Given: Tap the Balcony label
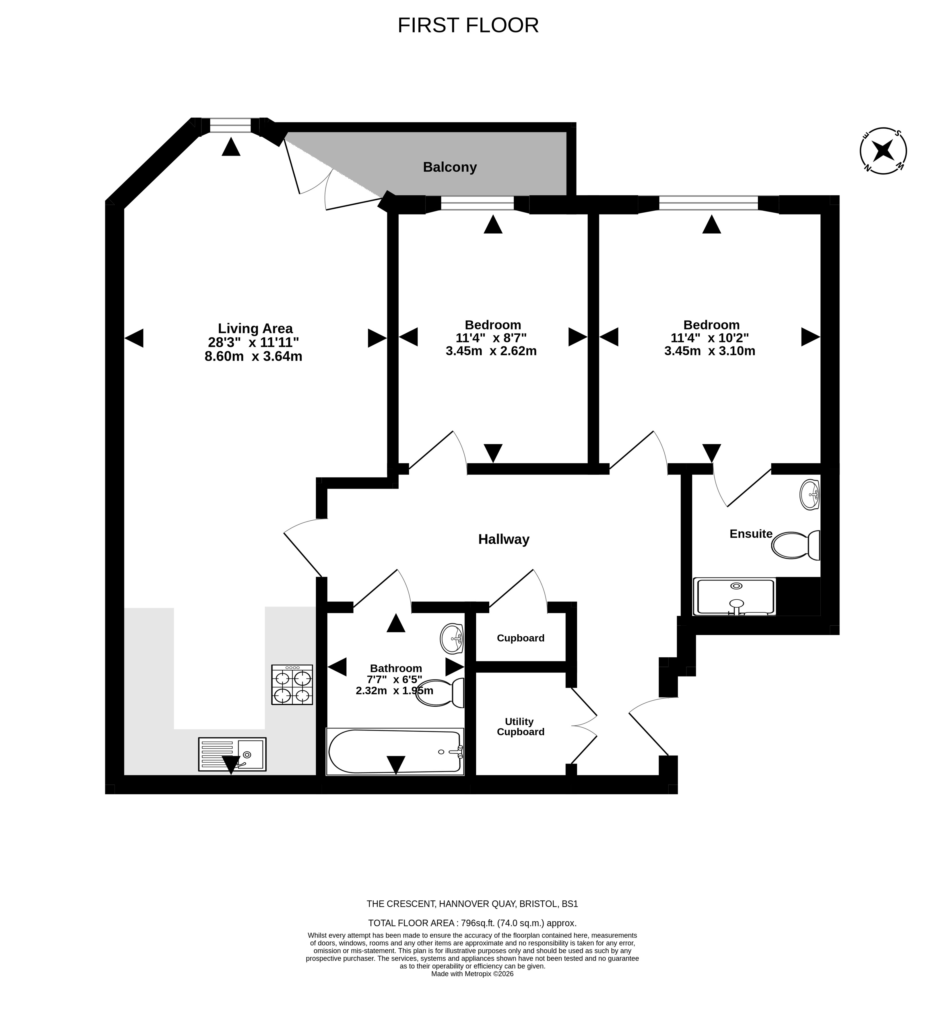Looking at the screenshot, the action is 449,167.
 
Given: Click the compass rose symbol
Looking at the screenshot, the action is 883,151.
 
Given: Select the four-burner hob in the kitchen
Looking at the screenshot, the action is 292,685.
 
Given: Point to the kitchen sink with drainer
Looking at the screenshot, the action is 232,754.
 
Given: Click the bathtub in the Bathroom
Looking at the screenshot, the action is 395,751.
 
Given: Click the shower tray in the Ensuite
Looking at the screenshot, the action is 734,596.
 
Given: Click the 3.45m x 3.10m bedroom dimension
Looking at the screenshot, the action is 710,351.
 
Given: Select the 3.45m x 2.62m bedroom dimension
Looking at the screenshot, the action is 491,351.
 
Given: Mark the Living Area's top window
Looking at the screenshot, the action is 231,125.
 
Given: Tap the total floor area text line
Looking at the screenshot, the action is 472,923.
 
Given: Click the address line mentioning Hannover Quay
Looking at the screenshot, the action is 472,904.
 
